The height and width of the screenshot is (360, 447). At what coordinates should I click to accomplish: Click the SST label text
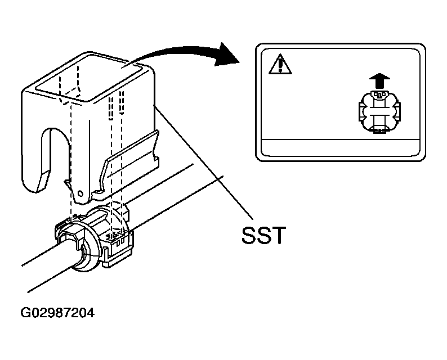(263, 235)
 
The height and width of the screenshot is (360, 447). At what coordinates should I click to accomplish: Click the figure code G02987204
(57, 313)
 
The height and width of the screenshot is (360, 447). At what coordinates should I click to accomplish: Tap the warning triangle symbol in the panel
(280, 64)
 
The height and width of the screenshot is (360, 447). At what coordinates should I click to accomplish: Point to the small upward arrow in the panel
(379, 80)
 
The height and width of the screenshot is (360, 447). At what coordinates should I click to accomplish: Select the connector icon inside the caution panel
(379, 111)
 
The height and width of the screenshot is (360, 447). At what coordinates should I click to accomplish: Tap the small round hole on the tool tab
(81, 193)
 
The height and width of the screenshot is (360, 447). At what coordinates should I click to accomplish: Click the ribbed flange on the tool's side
(129, 164)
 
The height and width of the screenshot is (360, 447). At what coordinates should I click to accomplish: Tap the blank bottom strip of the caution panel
(341, 147)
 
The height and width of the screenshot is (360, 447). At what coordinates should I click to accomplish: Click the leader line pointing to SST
(203, 162)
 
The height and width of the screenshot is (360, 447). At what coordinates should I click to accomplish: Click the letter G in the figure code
(25, 313)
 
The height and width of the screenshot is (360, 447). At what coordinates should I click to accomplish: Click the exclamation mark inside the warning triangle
(281, 65)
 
